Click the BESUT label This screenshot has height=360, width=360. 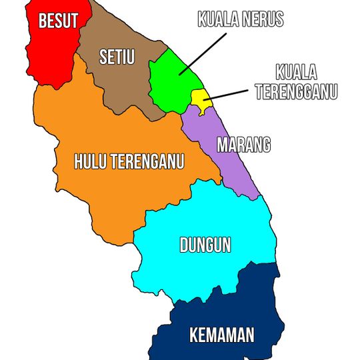[59, 21]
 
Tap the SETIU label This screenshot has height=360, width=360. [117, 57]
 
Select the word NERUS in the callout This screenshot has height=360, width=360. [262, 19]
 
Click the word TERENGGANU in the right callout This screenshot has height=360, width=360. [296, 91]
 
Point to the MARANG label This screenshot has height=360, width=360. [244, 145]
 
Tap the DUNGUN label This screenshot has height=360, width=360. [205, 245]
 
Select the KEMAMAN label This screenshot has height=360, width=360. [222, 335]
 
